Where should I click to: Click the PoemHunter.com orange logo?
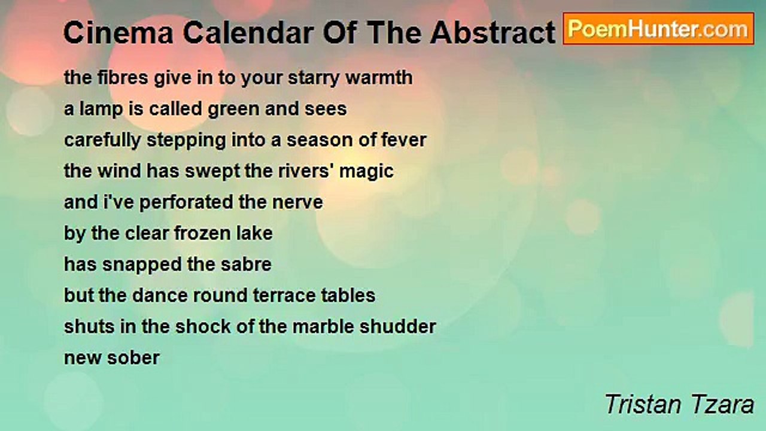[659, 29]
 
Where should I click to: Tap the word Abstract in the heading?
[493, 33]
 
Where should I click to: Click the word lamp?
[101, 110]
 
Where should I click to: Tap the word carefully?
[102, 141]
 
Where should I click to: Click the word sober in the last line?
[133, 358]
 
